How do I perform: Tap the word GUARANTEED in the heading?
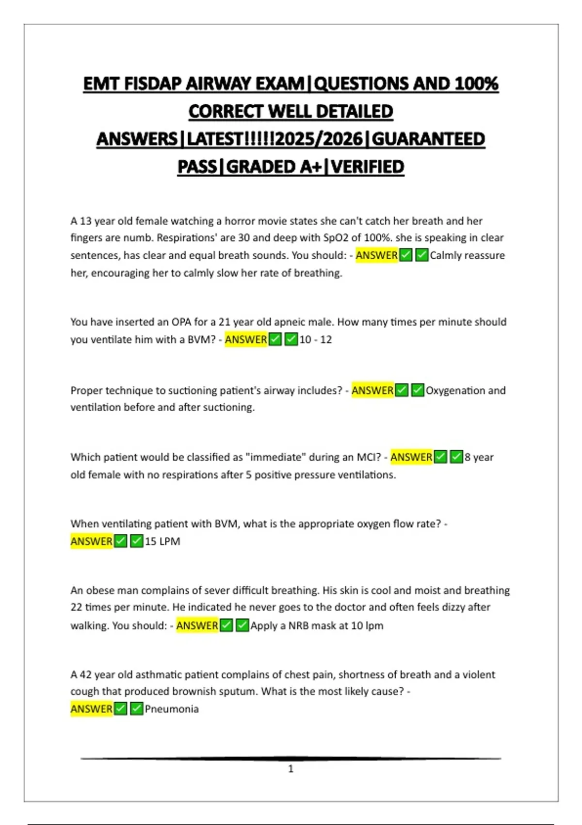click(x=428, y=139)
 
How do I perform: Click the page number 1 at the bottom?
click(x=291, y=769)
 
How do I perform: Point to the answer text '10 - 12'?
click(x=316, y=340)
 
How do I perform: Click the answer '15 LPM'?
click(x=162, y=542)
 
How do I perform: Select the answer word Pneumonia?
click(x=172, y=709)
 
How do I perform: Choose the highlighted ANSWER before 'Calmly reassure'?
click(x=376, y=255)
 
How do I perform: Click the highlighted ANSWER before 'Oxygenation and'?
click(x=372, y=391)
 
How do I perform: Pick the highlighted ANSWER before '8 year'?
click(x=411, y=457)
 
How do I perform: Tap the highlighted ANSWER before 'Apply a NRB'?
click(x=197, y=626)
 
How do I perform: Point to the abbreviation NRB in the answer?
click(x=299, y=626)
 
